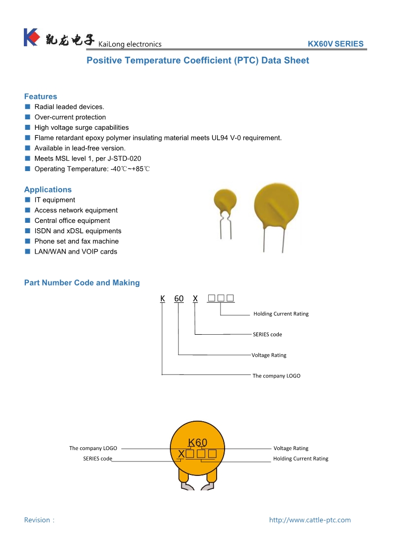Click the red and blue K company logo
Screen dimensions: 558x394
click(x=31, y=38)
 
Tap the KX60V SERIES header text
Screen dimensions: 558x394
click(x=335, y=44)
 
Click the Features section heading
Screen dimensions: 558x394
click(x=41, y=96)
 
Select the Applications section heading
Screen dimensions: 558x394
click(x=48, y=189)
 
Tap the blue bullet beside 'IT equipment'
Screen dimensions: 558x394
click(x=28, y=200)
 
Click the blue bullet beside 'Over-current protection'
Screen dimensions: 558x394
click(x=28, y=117)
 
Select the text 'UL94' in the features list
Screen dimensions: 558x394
click(x=221, y=138)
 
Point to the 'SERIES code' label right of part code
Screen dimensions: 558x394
click(x=267, y=334)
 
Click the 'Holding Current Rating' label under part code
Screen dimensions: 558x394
click(x=281, y=314)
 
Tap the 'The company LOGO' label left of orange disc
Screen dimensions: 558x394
click(x=93, y=448)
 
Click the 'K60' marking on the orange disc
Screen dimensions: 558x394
click(x=197, y=443)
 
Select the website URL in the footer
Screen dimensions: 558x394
click(x=310, y=520)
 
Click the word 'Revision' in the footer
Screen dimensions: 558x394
click(x=37, y=520)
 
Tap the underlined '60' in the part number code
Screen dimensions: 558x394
click(x=179, y=298)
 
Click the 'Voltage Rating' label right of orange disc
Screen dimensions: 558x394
click(x=291, y=448)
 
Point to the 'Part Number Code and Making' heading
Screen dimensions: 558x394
click(x=82, y=282)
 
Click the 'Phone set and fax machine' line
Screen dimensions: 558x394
click(x=77, y=241)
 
